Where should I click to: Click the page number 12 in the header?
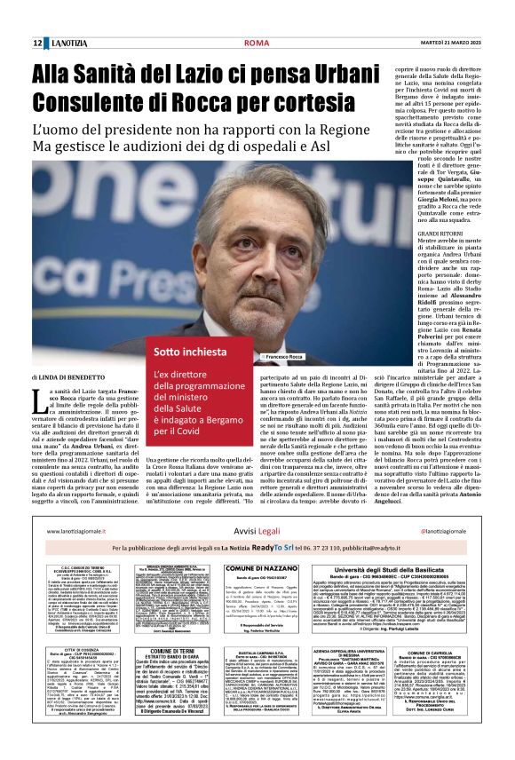point(38,43)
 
